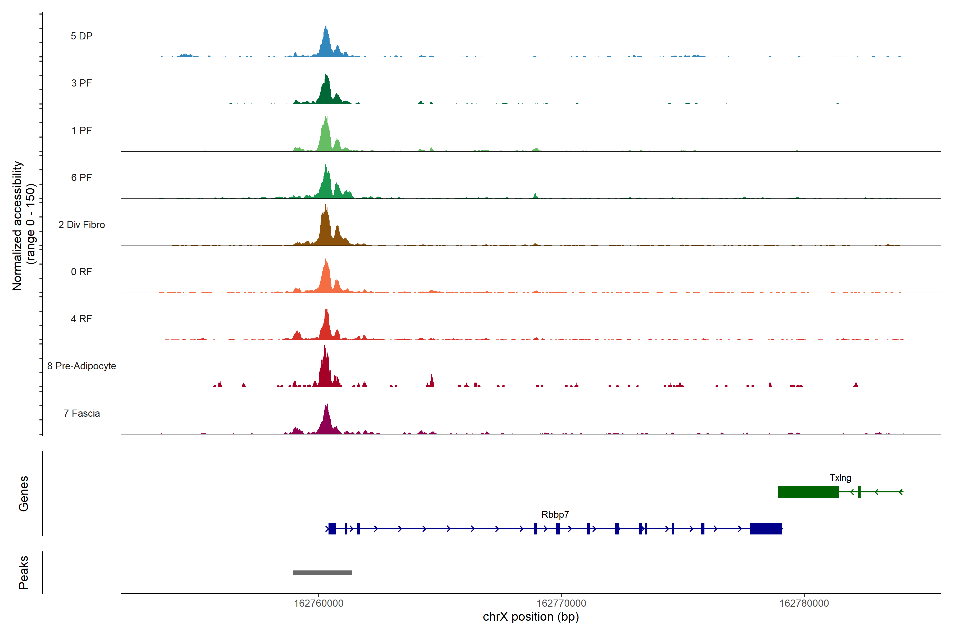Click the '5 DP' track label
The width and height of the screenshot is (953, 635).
[x=82, y=36]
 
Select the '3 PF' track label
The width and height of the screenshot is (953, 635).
[x=82, y=83]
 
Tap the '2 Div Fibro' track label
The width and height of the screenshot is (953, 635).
[x=82, y=225]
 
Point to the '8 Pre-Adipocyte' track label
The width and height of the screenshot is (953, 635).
[x=82, y=366]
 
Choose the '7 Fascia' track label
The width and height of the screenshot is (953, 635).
[x=82, y=414]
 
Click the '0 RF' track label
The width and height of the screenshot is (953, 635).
[x=82, y=272]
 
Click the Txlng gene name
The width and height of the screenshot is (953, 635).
[x=840, y=478]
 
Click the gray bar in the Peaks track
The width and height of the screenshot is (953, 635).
[x=322, y=573]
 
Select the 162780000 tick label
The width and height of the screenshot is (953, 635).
[x=804, y=604]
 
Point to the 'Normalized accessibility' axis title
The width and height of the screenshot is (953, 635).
[x=18, y=226]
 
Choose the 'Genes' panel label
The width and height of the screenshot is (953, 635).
[x=24, y=494]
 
